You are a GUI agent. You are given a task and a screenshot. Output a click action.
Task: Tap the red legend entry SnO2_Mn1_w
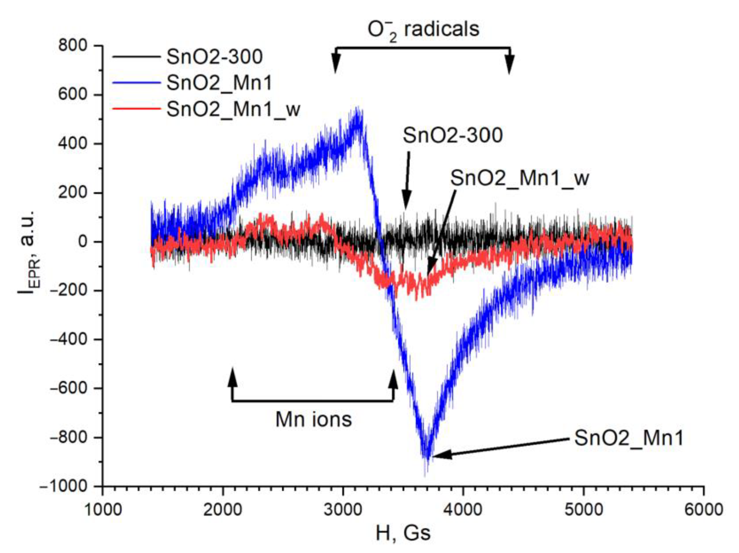tap(233, 109)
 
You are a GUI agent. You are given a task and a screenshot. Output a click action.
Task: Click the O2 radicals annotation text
tap(423, 30)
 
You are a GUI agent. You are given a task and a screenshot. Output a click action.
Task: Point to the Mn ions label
tap(313, 419)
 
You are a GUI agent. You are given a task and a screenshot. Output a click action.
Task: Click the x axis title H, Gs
tap(403, 534)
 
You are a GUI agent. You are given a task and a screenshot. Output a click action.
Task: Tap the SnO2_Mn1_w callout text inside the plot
tap(520, 178)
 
